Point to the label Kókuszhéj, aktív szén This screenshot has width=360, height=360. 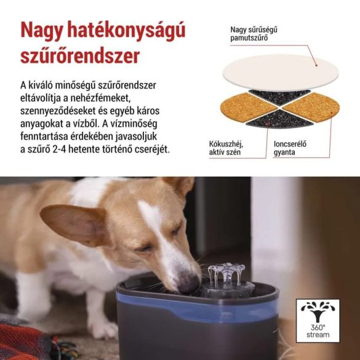[228, 148]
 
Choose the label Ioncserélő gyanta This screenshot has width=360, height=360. [291, 148]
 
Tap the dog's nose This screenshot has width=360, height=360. [189, 284]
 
